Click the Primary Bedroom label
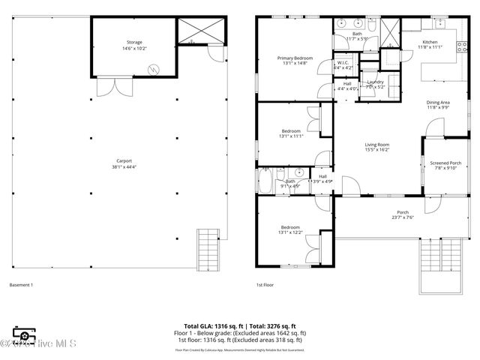tap(294, 58)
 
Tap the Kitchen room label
tap(430, 42)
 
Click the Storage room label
tap(134, 42)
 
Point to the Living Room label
tap(376, 145)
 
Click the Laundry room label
tap(376, 82)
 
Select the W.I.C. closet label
tap(343, 63)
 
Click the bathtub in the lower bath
tap(268, 181)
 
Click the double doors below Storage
tap(115, 88)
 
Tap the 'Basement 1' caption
tap(21, 285)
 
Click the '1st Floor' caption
tap(265, 285)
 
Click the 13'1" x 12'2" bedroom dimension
tap(290, 232)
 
